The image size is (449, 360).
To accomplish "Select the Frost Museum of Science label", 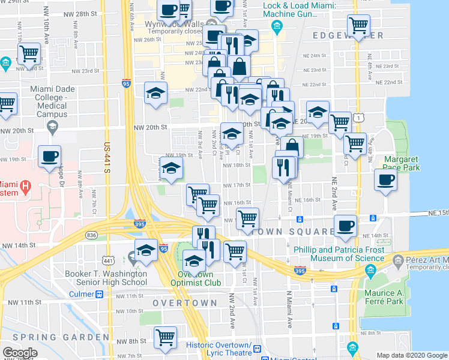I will pyautogui.click(x=339, y=254).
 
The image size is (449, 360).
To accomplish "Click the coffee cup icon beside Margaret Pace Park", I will pyautogui.click(x=385, y=179).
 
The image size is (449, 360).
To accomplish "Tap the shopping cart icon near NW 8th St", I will pyautogui.click(x=165, y=337).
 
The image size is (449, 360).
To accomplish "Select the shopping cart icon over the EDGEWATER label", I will pyautogui.click(x=358, y=25).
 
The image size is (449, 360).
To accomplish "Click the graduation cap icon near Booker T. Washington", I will pyautogui.click(x=145, y=250).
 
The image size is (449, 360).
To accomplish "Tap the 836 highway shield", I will pyautogui.click(x=91, y=235).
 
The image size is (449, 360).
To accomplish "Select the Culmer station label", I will pyautogui.click(x=82, y=295).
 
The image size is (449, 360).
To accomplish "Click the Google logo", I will pyautogui.click(x=20, y=352).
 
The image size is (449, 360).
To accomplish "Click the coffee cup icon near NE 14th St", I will pyautogui.click(x=345, y=226).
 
